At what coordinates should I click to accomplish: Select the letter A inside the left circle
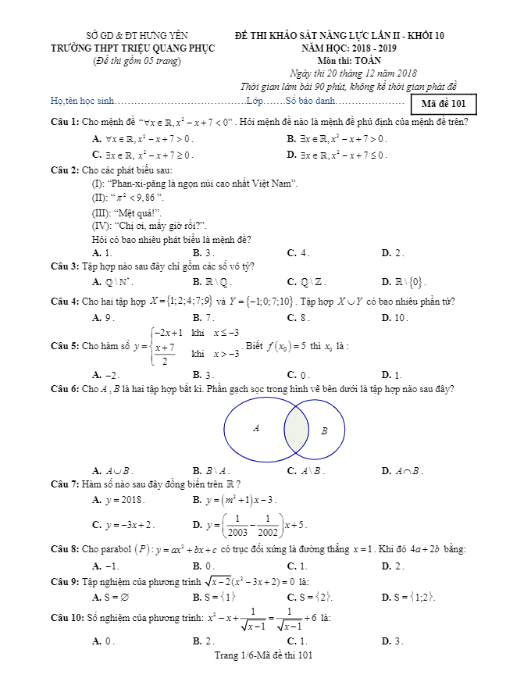(256, 428)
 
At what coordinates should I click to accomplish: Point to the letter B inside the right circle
(324, 430)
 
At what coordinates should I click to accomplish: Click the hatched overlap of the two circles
(297, 430)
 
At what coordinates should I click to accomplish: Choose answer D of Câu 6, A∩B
(403, 470)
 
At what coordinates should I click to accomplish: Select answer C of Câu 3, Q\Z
(307, 282)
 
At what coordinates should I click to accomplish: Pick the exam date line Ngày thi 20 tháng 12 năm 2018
(347, 73)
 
